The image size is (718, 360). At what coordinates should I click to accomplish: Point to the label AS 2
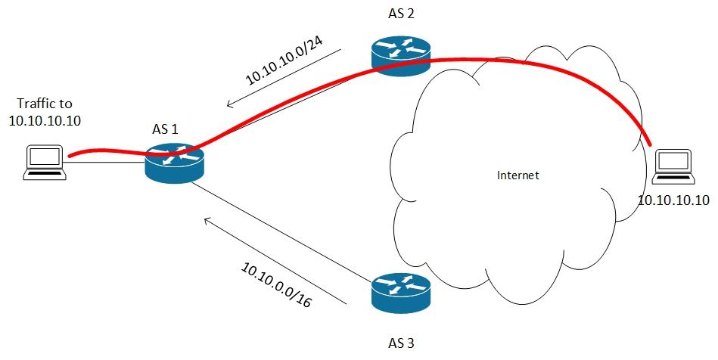click(x=401, y=13)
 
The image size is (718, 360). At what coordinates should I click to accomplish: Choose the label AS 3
click(x=402, y=344)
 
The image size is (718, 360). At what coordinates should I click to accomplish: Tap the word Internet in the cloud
click(x=518, y=175)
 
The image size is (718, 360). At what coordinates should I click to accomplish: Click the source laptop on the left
click(x=45, y=163)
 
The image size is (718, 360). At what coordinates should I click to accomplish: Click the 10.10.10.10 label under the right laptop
click(x=673, y=200)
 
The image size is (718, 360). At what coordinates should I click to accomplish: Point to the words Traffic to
click(x=43, y=104)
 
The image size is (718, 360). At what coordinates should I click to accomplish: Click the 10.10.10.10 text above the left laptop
click(x=45, y=120)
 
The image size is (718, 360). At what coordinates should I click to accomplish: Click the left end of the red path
click(x=70, y=156)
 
